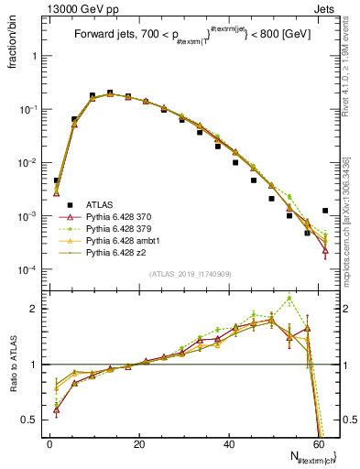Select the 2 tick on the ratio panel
[x=37, y=309]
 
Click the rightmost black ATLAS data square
[x=325, y=211]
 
